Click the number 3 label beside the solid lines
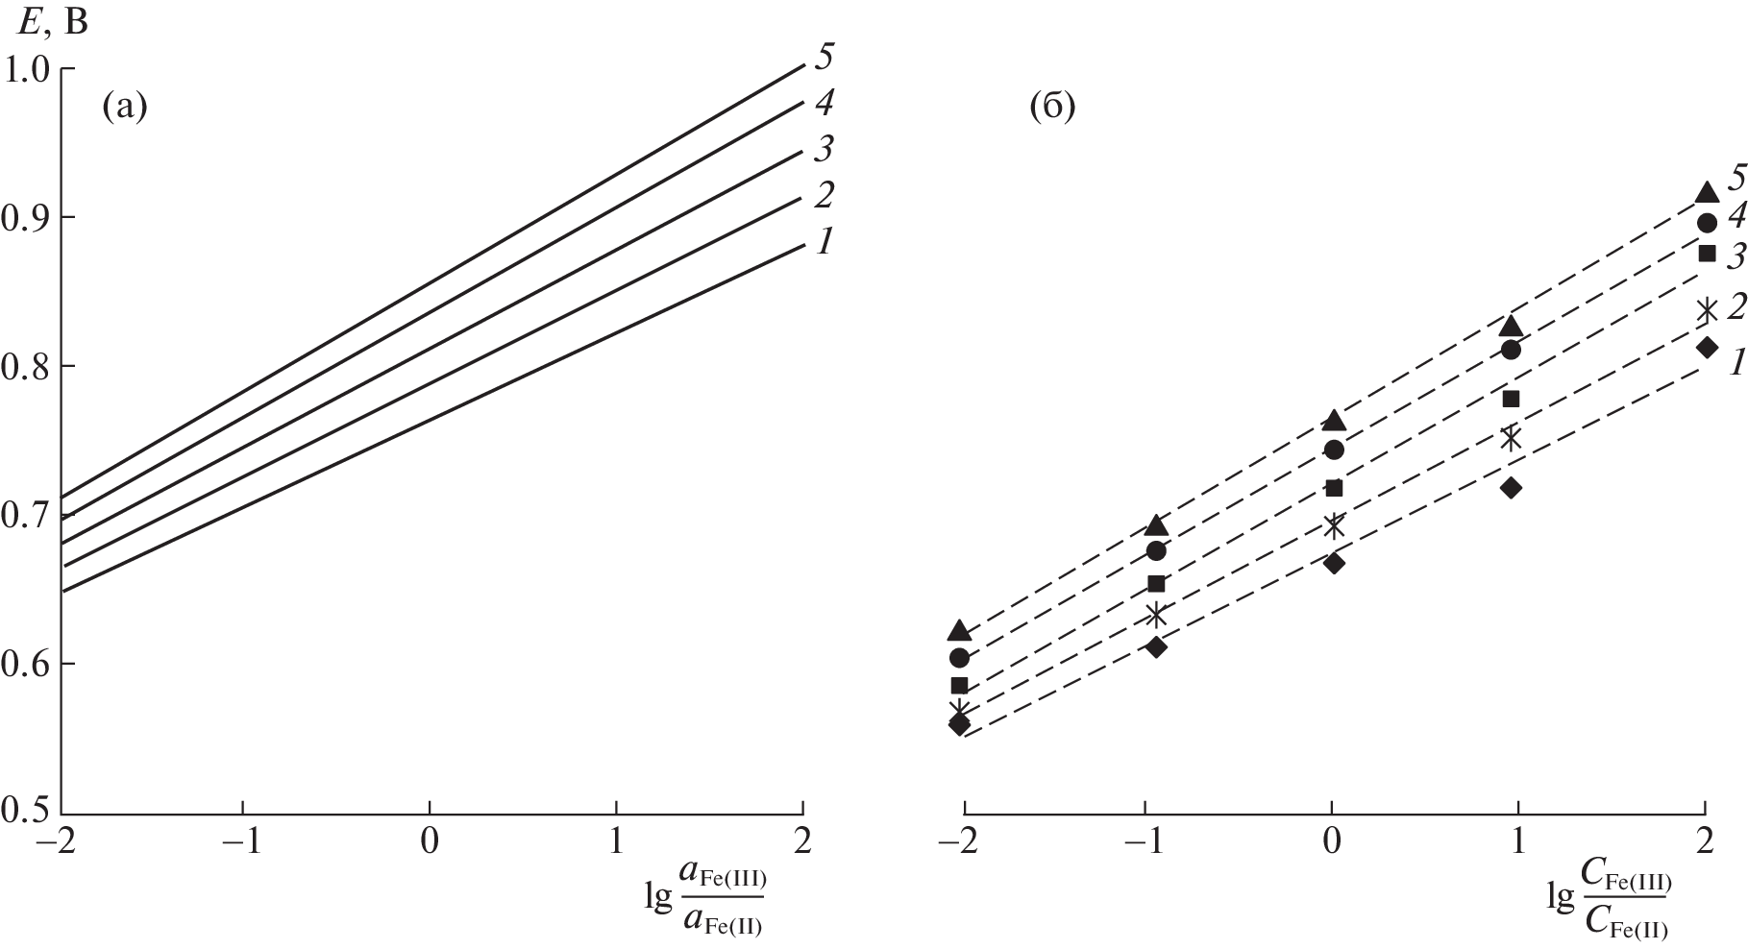824,149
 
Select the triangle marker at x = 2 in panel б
1707,192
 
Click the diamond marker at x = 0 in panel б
1333,563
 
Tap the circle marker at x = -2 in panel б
959,658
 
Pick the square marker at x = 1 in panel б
1511,399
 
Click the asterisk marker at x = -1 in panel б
1155,614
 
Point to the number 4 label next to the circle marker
1736,217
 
